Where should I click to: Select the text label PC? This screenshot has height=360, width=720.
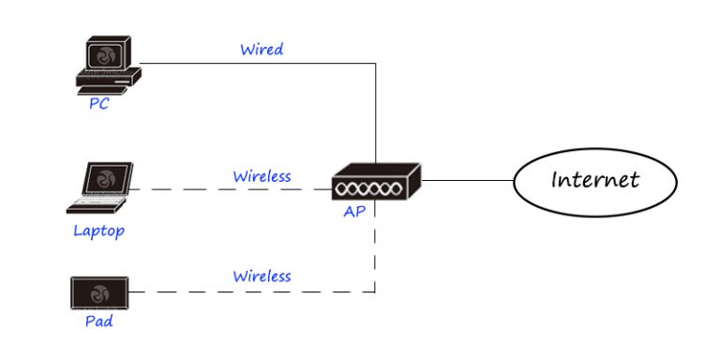[x=98, y=104]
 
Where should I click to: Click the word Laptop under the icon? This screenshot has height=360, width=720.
[x=98, y=230]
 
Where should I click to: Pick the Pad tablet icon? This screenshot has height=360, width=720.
[x=98, y=293]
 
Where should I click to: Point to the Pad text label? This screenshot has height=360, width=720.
[x=98, y=322]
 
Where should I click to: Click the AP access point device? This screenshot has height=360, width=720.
[x=376, y=182]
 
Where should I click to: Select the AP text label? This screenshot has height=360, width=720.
[x=353, y=212]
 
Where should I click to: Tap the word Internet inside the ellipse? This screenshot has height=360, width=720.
[x=594, y=179]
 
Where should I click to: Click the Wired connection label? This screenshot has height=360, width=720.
[x=262, y=49]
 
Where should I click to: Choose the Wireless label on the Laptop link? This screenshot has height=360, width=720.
[x=262, y=175]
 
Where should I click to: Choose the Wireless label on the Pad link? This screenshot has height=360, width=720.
[x=262, y=277]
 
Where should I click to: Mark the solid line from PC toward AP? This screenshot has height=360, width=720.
[x=253, y=64]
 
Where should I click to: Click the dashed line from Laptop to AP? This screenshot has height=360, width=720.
[x=234, y=190]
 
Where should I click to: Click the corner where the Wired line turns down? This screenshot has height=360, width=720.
[x=376, y=64]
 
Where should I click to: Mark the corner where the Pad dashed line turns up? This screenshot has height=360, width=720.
[x=376, y=292]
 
